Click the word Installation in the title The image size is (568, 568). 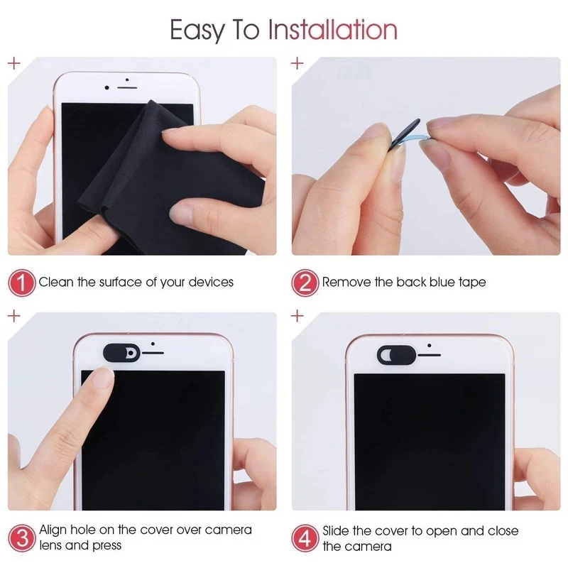click(x=332, y=30)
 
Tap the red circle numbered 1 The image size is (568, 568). click(x=21, y=283)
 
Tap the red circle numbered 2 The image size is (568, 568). click(x=305, y=283)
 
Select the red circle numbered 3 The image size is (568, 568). click(x=21, y=537)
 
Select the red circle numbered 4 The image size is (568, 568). click(x=305, y=537)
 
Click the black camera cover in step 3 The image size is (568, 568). click(x=122, y=351)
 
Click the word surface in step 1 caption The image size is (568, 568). click(x=122, y=283)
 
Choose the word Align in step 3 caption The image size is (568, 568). click(x=53, y=530)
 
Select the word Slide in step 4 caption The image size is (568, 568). click(x=337, y=530)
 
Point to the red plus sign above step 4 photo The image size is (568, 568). click(x=297, y=316)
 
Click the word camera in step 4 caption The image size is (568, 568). click(x=367, y=546)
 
